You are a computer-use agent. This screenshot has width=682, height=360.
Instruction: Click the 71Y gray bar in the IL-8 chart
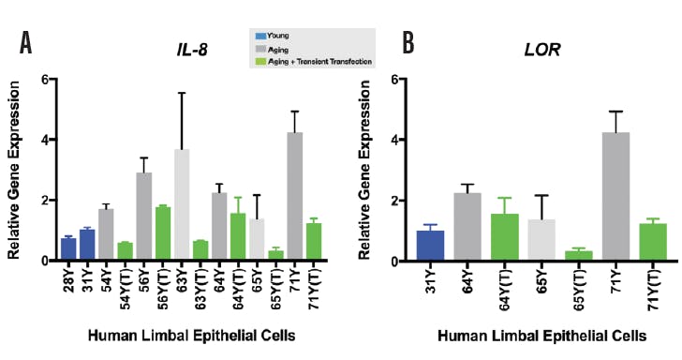[294, 197]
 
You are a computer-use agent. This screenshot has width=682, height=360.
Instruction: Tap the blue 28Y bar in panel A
[68, 249]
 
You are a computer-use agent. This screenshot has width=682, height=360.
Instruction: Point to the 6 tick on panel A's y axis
[43, 80]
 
